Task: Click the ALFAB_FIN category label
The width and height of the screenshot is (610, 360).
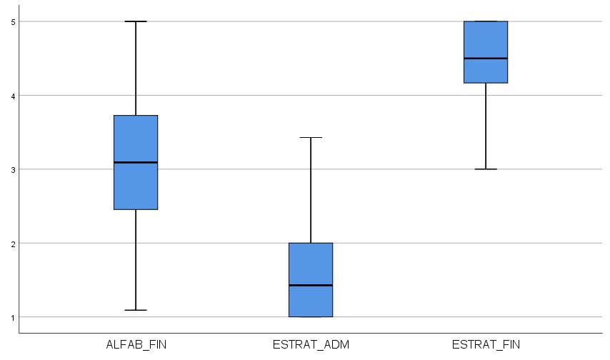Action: tap(136, 345)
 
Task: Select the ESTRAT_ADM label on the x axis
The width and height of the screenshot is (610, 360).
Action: tap(311, 345)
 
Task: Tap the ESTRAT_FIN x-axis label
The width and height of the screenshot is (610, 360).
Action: tap(486, 345)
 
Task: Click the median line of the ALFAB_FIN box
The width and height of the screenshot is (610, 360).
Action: tap(136, 162)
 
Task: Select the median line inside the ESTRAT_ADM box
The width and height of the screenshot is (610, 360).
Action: tap(311, 285)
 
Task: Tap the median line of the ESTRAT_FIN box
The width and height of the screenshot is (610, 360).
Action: tap(486, 59)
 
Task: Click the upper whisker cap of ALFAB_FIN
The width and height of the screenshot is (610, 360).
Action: tap(136, 21)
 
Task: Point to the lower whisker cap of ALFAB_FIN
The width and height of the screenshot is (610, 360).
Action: tap(136, 310)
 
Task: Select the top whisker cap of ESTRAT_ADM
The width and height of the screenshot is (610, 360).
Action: tap(311, 137)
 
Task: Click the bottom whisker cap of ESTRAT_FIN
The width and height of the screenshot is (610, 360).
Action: tap(486, 169)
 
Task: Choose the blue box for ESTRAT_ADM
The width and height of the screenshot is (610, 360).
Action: tap(311, 264)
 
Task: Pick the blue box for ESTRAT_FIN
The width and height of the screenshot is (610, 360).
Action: tap(486, 39)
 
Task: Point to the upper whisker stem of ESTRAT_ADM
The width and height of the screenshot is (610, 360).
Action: tap(311, 190)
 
